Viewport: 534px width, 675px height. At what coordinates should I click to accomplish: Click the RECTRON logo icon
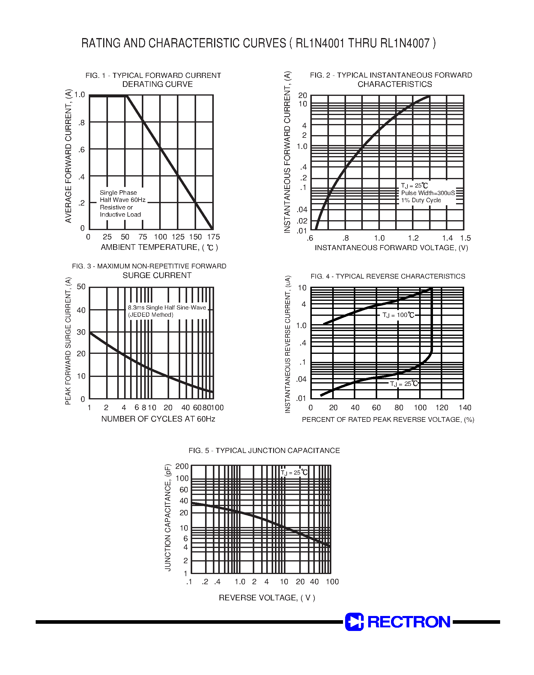tap(354, 622)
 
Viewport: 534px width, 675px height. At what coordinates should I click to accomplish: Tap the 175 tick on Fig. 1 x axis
tap(213, 237)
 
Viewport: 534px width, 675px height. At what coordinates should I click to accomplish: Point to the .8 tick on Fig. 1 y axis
tap(82, 123)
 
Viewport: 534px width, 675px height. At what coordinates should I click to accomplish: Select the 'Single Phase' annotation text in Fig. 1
tap(118, 193)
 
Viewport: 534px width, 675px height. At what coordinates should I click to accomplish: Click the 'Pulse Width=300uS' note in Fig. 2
tap(428, 193)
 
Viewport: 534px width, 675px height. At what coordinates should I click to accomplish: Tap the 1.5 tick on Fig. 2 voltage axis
tap(465, 238)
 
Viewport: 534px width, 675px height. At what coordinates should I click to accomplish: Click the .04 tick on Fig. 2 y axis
tap(302, 210)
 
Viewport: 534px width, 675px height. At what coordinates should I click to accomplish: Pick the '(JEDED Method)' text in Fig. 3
tap(151, 315)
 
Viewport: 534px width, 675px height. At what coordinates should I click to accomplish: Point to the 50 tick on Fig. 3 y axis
tap(81, 287)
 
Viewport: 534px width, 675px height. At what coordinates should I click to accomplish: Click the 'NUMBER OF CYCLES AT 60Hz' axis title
tap(158, 419)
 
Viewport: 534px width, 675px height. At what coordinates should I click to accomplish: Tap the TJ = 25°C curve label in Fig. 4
tap(404, 384)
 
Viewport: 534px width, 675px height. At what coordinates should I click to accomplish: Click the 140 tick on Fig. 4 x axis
tap(465, 408)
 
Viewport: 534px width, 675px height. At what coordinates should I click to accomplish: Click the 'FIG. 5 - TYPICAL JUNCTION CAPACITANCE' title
tap(264, 450)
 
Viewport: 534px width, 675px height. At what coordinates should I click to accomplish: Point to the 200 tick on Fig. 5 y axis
tap(182, 466)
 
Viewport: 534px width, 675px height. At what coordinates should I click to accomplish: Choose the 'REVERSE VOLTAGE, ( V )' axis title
tap(267, 597)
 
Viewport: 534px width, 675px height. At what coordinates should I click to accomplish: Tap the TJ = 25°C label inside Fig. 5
tap(294, 472)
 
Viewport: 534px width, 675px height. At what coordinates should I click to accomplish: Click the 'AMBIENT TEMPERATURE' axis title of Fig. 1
tap(159, 247)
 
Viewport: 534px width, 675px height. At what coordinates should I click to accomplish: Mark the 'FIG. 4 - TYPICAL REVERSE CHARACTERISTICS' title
tap(387, 277)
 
